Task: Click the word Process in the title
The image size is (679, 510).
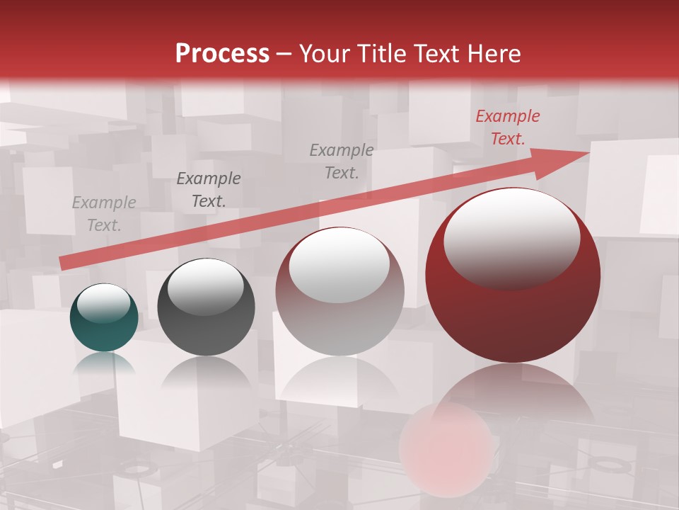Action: pos(222,54)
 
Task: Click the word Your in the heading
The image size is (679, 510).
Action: pos(323,54)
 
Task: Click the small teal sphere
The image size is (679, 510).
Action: pos(104,317)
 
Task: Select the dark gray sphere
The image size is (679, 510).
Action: pos(206,307)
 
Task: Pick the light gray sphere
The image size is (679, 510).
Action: pos(339,291)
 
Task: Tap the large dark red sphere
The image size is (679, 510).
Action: pos(513,275)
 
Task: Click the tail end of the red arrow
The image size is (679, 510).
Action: pos(61,263)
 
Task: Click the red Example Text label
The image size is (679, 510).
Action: pos(507,127)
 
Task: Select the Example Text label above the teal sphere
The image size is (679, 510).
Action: pos(104,214)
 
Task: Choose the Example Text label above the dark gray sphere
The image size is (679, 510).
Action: pos(209,190)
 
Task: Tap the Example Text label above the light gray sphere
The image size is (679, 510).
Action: pos(342,161)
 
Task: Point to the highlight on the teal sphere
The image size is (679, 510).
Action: pos(104,303)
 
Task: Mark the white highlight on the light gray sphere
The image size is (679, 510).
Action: pos(339,263)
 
